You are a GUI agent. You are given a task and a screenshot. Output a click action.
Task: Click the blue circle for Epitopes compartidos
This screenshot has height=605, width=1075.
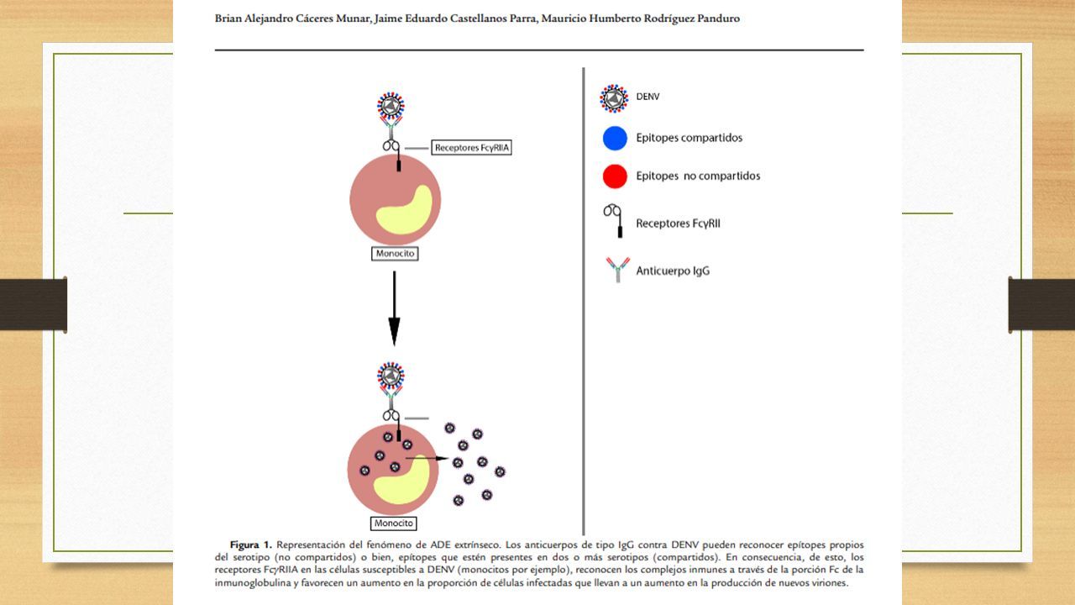pos(615,139)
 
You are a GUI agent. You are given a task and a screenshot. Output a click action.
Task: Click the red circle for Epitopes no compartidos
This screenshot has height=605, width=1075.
pos(615,176)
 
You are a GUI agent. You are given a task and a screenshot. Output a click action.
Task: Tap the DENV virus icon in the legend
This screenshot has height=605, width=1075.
pos(614,98)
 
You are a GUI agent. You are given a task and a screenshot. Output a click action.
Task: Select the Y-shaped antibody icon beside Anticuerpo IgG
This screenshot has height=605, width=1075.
pos(617,270)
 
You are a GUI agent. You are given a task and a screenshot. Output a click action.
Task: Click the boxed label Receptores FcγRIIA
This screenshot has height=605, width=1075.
pos(471,147)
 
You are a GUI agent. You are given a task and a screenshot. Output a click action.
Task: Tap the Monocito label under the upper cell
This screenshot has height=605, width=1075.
pos(395,254)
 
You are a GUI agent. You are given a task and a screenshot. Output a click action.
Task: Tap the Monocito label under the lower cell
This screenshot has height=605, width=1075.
pos(394,523)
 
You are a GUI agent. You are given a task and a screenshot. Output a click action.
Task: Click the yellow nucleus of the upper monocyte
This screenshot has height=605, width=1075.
pos(405,210)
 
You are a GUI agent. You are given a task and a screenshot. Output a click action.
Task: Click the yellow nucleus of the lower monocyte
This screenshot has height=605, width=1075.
pos(402,480)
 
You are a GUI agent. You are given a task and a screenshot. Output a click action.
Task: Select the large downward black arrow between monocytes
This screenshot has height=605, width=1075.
pos(394,308)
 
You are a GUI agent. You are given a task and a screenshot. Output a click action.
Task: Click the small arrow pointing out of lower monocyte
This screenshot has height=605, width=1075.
pos(427,459)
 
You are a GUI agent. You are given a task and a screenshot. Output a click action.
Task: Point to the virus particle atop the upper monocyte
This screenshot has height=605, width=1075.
pos(391,106)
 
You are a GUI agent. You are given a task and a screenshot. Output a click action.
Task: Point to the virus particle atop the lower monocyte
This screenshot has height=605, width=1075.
pos(391,376)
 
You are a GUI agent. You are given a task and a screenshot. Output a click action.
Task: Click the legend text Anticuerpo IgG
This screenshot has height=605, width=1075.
pos(673,271)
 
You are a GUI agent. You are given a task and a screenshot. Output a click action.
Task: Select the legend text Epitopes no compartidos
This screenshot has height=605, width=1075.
pos(698,176)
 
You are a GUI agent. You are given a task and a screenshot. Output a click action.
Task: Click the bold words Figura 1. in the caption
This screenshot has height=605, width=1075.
pos(251,545)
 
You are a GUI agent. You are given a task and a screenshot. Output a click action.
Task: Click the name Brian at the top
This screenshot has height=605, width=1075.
pos(228,18)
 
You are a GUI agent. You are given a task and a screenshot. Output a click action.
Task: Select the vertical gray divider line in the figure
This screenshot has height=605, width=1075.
pos(584,301)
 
